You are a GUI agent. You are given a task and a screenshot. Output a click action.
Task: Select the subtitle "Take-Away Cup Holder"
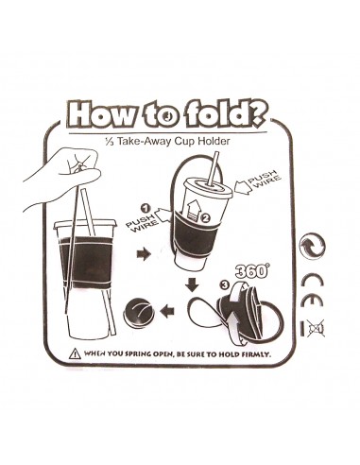click(x=173, y=141)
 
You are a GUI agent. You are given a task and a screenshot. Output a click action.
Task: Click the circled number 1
click(x=146, y=209)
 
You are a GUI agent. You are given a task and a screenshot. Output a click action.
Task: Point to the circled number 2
click(x=205, y=217)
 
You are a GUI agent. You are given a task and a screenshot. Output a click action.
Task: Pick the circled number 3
click(x=224, y=285)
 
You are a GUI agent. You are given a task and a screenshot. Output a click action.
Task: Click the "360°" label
click(x=252, y=270)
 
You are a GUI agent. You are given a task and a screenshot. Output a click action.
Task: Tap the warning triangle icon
click(x=75, y=353)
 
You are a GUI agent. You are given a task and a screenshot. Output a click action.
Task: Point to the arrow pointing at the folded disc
click(x=167, y=312)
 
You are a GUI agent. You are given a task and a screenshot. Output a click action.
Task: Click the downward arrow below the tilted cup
click(x=192, y=284)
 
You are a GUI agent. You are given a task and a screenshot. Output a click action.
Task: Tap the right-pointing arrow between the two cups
click(x=144, y=254)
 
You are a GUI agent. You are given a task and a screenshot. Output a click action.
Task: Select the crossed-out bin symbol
click(x=316, y=329)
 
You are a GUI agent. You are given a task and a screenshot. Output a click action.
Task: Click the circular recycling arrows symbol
click(x=312, y=246)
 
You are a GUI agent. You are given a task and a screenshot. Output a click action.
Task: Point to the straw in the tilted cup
click(x=213, y=168)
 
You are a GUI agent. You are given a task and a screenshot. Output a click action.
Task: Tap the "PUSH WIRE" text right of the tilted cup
click(x=264, y=178)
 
